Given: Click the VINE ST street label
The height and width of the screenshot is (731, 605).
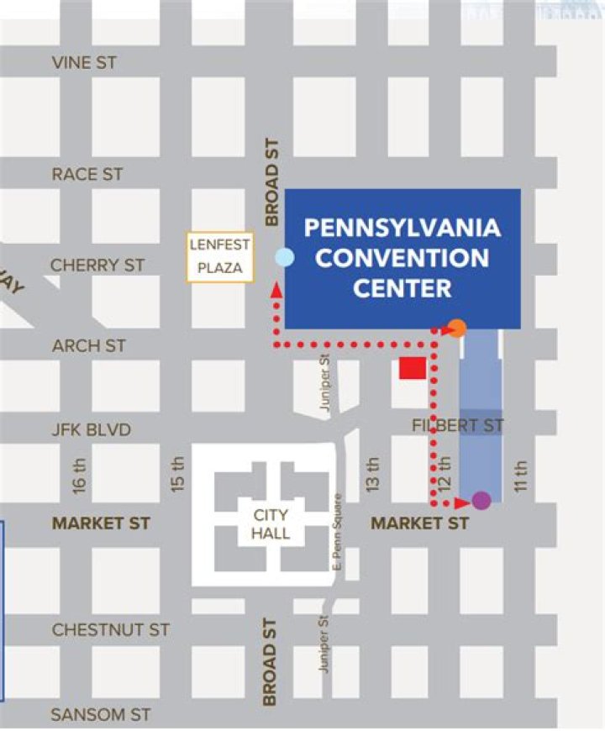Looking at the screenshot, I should [x=84, y=63].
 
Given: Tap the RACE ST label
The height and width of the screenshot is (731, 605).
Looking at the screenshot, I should [x=87, y=174].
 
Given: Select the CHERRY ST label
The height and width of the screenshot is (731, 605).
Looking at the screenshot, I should [x=97, y=265].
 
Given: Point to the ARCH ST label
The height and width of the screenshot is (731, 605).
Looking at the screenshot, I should [x=88, y=345].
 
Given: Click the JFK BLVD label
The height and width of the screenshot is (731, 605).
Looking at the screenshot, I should [x=92, y=430].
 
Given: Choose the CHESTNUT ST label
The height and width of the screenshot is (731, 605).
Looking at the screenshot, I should [x=110, y=629].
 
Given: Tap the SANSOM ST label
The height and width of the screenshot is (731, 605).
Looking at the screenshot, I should [x=101, y=715].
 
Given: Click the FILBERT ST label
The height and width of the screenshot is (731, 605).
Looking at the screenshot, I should [x=458, y=426].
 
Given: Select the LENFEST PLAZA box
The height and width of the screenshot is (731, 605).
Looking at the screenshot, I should [x=220, y=257].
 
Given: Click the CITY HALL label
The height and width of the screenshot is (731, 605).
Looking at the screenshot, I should [x=270, y=523].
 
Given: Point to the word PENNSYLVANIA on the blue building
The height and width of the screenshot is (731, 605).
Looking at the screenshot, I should [x=402, y=228].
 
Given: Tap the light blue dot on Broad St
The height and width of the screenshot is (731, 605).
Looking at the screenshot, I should [x=285, y=258].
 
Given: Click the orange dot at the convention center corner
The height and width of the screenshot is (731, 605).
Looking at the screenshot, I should [x=456, y=329].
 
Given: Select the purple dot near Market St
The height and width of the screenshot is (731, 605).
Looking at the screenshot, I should [x=481, y=501].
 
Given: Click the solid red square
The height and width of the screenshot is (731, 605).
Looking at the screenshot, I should [x=412, y=369].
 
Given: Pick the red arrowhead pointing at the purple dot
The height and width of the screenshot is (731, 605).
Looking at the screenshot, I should [x=460, y=503].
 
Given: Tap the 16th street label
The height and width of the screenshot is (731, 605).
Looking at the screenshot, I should [x=80, y=474].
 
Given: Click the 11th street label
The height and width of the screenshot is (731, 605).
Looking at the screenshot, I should [x=520, y=476].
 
